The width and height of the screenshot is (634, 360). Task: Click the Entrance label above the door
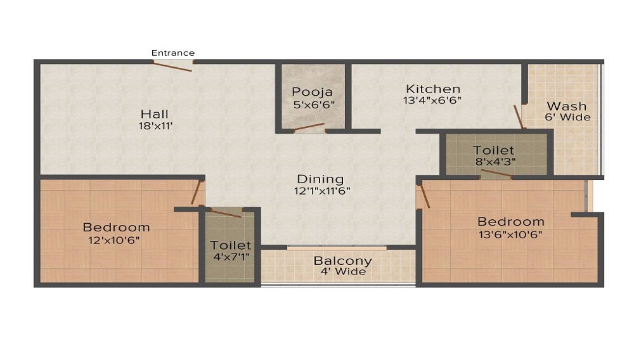[173, 53]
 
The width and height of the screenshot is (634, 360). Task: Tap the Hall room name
[155, 114]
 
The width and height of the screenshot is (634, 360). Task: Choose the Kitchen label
[433, 89]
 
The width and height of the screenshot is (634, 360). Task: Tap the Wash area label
[566, 106]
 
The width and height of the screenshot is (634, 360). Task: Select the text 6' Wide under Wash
[567, 117]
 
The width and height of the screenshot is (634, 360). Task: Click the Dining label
[320, 179]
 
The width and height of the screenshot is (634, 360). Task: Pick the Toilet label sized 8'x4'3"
[493, 151]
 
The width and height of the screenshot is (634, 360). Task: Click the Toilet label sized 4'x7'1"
[231, 245]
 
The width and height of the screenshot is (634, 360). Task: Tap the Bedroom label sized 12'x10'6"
[117, 228]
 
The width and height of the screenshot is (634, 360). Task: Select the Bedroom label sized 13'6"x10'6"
[510, 222]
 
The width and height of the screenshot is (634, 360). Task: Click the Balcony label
[342, 261]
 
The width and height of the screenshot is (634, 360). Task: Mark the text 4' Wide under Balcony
[343, 272]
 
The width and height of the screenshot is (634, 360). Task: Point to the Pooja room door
[309, 127]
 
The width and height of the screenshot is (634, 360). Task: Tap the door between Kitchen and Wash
[519, 117]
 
